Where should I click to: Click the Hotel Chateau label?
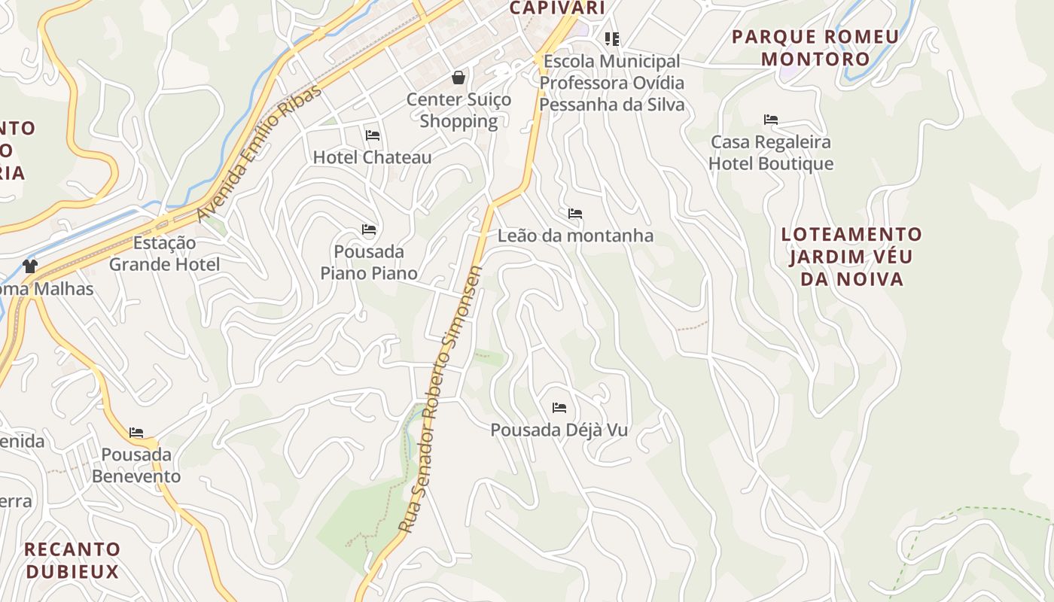pyautogui.click(x=372, y=157)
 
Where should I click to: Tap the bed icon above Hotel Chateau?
pyautogui.click(x=372, y=135)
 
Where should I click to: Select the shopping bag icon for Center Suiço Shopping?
pyautogui.click(x=458, y=77)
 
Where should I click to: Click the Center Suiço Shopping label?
pyautogui.click(x=458, y=110)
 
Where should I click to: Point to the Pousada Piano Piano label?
pyautogui.click(x=369, y=262)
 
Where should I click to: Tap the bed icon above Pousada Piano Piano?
pyautogui.click(x=369, y=229)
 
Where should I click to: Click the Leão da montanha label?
pyautogui.click(x=575, y=236)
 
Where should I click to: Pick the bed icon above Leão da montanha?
pyautogui.click(x=575, y=214)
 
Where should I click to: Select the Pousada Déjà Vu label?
pyautogui.click(x=559, y=430)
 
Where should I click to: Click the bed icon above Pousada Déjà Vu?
pyautogui.click(x=559, y=408)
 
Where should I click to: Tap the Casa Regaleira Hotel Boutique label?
pyautogui.click(x=771, y=153)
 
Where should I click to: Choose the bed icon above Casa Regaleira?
pyautogui.click(x=770, y=119)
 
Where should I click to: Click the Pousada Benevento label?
pyautogui.click(x=136, y=465)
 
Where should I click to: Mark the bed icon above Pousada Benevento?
pyautogui.click(x=136, y=433)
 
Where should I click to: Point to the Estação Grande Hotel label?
pyautogui.click(x=164, y=254)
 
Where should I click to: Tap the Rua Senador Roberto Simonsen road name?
pyautogui.click(x=441, y=399)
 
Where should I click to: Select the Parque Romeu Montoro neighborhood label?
pyautogui.click(x=815, y=47)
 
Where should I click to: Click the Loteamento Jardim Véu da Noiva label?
pyautogui.click(x=851, y=257)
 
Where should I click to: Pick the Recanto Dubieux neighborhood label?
pyautogui.click(x=72, y=560)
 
